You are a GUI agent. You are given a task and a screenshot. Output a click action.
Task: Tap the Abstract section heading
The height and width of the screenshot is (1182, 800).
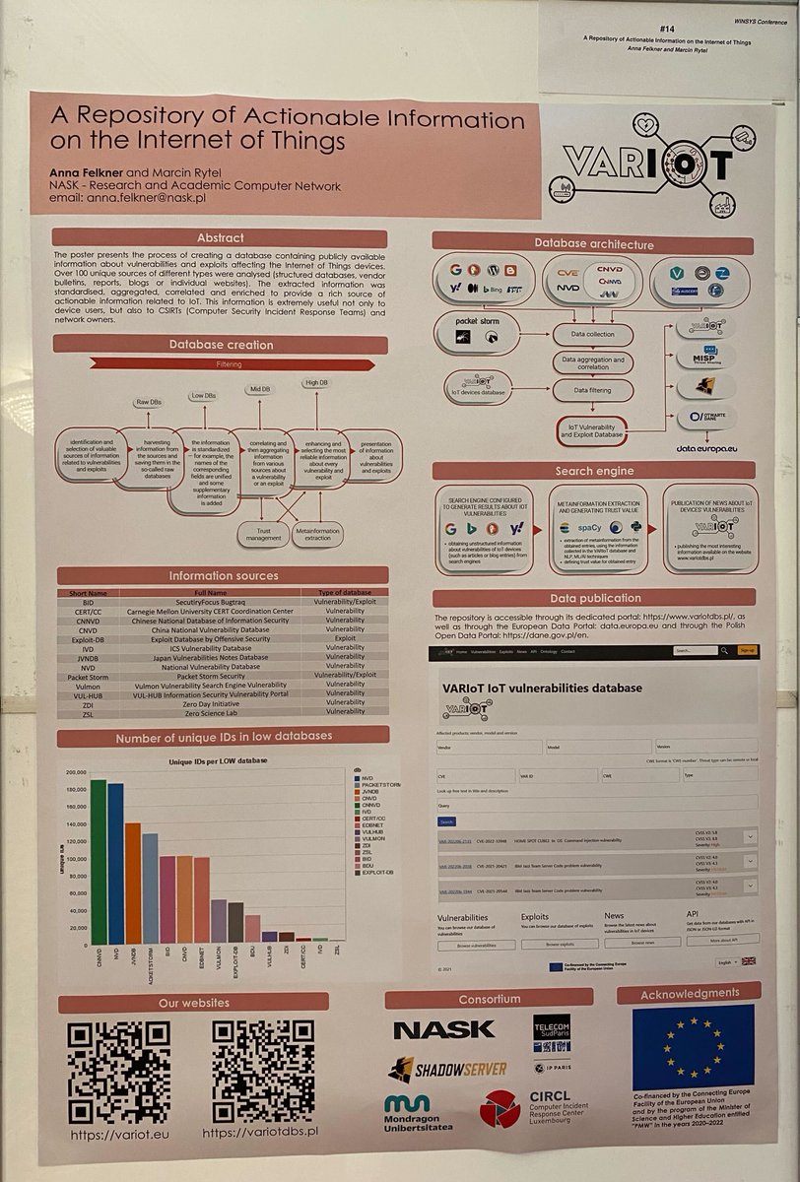(220, 237)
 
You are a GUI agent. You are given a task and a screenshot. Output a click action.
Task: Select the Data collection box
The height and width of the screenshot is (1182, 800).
(591, 335)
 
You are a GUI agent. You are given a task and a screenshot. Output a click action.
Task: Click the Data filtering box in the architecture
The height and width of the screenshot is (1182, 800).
(591, 391)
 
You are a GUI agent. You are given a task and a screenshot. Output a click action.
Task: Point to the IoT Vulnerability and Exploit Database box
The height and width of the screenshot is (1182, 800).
(591, 428)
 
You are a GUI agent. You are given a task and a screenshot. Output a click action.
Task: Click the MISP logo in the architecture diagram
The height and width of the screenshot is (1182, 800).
(704, 355)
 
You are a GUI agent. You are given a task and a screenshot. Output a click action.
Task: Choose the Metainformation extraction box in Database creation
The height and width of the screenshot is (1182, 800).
(317, 533)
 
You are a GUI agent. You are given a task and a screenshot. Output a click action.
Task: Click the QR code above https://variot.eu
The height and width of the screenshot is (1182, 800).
(118, 1072)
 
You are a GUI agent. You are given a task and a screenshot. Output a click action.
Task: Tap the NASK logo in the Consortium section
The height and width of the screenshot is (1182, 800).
(443, 1029)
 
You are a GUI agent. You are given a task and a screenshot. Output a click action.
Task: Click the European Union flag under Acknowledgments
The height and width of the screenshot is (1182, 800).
(693, 1047)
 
